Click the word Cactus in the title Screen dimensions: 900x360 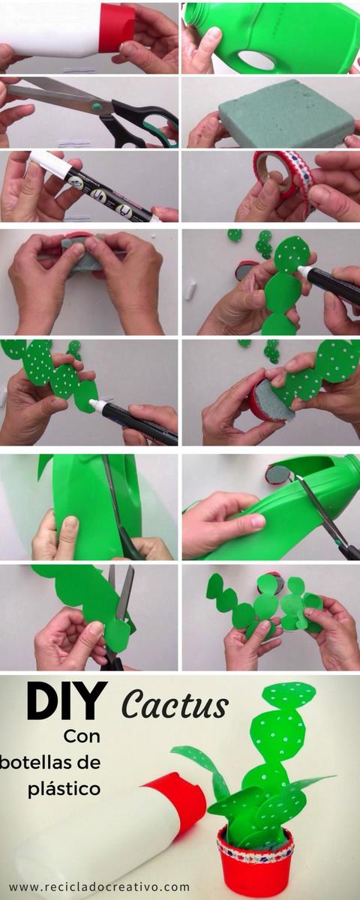(x=175, y=705)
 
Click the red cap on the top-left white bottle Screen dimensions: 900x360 (x=116, y=28)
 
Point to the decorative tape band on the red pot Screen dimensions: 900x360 (x=255, y=844)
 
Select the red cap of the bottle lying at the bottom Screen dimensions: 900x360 (x=176, y=802)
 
